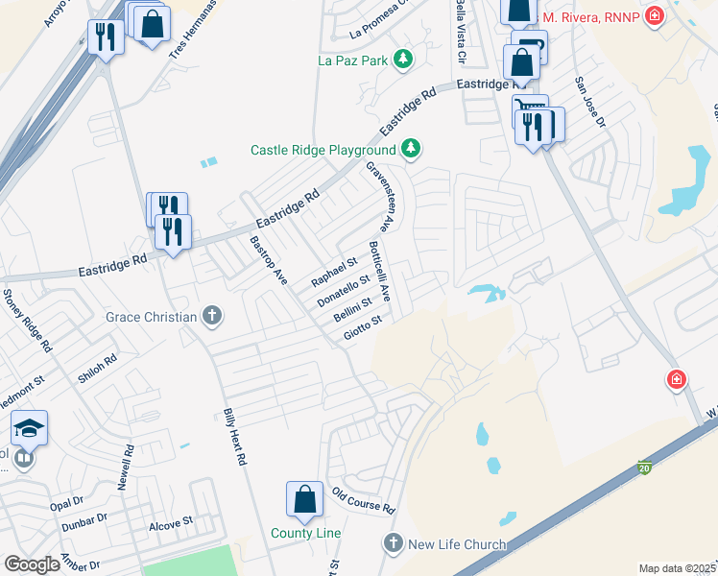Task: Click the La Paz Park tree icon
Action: [404, 60]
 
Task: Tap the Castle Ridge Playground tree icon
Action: [411, 148]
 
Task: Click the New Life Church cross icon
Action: [392, 543]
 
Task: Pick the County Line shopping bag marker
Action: [304, 499]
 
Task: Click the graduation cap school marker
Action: [30, 426]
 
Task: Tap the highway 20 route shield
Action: [644, 467]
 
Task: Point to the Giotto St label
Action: [363, 328]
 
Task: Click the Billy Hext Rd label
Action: [235, 437]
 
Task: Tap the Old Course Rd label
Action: [364, 499]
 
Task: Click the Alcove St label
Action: [171, 525]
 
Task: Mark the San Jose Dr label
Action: [590, 103]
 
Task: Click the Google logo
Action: [32, 564]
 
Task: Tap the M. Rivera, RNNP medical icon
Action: [655, 16]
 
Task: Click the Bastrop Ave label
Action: [268, 260]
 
